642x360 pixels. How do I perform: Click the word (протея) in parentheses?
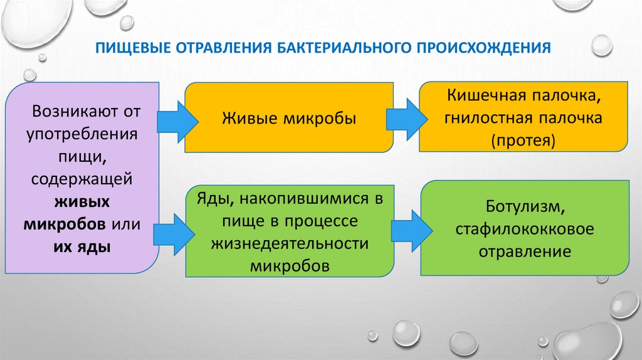tap(524, 139)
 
